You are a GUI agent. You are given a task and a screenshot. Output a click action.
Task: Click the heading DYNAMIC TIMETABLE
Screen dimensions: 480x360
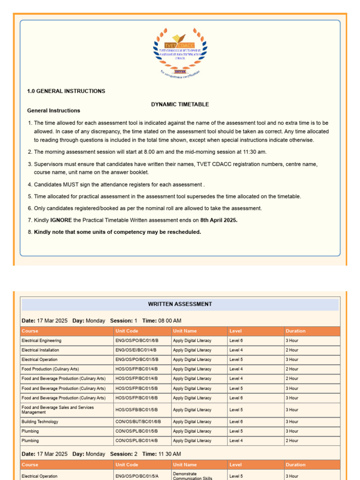click(x=180, y=105)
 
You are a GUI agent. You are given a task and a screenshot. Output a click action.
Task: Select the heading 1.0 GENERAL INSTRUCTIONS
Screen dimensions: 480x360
click(x=66, y=91)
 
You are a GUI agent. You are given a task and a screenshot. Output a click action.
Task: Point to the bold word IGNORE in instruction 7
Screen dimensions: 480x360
click(x=60, y=220)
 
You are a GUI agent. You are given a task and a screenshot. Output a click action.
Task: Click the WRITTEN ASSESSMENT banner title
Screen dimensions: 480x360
click(x=180, y=304)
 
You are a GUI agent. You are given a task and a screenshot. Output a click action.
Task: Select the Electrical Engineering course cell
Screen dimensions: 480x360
click(x=41, y=341)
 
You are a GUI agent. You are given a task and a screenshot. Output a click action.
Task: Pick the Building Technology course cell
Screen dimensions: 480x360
click(x=40, y=422)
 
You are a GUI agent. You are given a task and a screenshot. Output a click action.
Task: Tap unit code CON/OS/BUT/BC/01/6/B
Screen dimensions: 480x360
click(x=138, y=422)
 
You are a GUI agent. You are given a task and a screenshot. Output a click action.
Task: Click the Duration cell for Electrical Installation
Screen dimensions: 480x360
click(x=292, y=350)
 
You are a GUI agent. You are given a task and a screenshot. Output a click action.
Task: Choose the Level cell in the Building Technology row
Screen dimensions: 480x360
click(x=236, y=422)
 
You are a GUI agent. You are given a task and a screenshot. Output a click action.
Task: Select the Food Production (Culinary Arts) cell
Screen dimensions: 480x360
click(x=50, y=369)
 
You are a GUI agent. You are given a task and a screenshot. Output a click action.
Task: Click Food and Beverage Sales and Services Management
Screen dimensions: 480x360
click(x=58, y=410)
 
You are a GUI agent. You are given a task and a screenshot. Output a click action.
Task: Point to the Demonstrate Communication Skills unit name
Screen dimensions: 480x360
click(x=193, y=476)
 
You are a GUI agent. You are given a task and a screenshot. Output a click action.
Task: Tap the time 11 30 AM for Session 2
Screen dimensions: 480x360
click(x=168, y=454)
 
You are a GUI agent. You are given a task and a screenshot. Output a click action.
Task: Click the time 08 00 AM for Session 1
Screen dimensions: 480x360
click(x=168, y=321)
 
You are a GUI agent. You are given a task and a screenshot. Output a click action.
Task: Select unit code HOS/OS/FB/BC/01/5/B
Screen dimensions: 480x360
click(x=137, y=410)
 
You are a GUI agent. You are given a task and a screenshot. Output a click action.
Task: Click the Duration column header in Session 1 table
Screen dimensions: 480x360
click(x=295, y=331)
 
